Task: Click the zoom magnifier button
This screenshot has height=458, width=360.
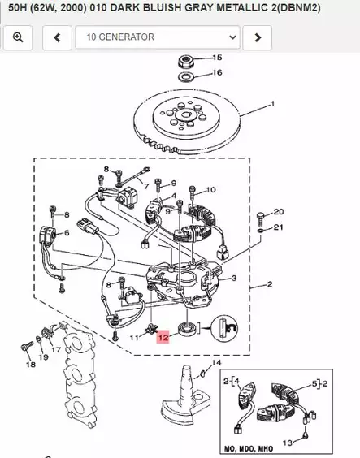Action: click(x=19, y=37)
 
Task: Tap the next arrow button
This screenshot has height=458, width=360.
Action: click(x=258, y=37)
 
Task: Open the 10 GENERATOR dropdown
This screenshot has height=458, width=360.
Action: click(x=158, y=37)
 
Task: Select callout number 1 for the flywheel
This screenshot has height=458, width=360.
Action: click(x=272, y=104)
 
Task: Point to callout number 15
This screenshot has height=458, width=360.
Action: click(x=216, y=58)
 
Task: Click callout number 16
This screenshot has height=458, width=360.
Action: click(x=216, y=73)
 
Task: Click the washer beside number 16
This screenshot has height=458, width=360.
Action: click(x=184, y=76)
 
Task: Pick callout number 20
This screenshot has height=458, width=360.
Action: click(x=279, y=212)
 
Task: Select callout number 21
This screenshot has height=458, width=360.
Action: click(x=279, y=227)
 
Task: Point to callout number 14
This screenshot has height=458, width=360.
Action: click(x=216, y=362)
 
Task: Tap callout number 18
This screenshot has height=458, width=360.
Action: click(x=30, y=365)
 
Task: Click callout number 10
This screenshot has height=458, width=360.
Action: click(x=211, y=190)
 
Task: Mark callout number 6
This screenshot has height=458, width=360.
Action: click(x=66, y=233)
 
